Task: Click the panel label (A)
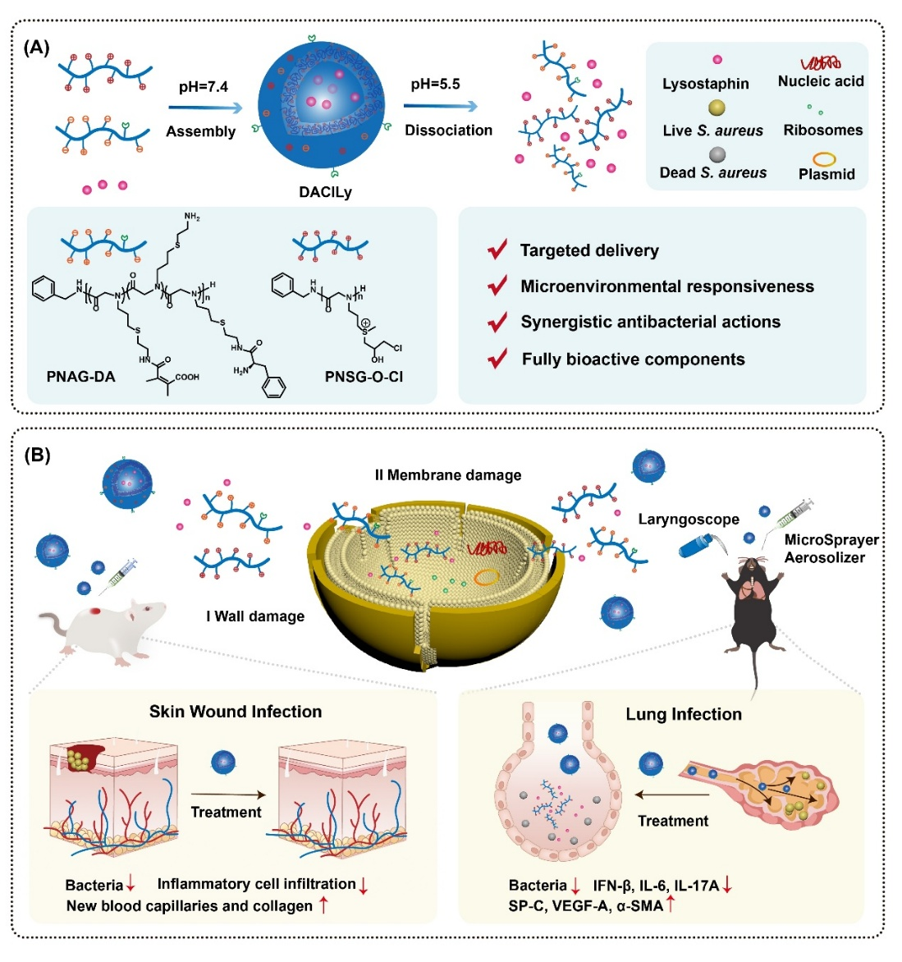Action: (x=36, y=48)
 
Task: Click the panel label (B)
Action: (x=36, y=455)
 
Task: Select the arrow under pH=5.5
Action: (x=439, y=106)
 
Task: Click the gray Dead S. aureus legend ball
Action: (x=717, y=153)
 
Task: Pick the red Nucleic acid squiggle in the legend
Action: (x=821, y=62)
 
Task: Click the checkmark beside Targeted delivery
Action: (x=497, y=250)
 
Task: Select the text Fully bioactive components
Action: (x=633, y=359)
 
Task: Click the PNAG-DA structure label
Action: (x=80, y=377)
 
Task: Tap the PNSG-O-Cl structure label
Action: (x=364, y=377)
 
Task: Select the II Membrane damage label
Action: (x=447, y=474)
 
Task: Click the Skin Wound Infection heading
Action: (x=236, y=712)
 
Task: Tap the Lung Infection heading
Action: (x=683, y=714)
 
